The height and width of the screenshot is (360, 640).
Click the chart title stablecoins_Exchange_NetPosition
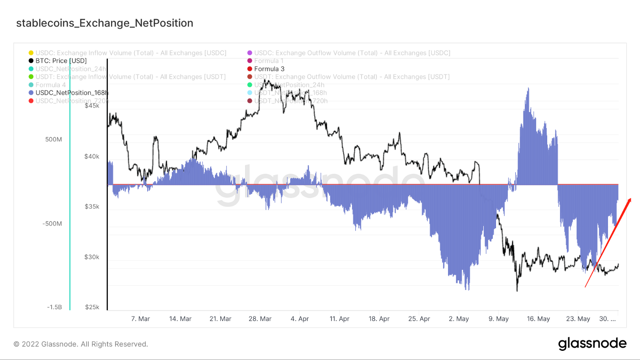pyautogui.click(x=105, y=23)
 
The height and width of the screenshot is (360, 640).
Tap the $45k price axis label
pyautogui.click(x=92, y=106)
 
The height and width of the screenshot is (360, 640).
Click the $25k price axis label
pyautogui.click(x=92, y=307)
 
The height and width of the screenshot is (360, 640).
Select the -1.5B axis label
pyautogui.click(x=54, y=307)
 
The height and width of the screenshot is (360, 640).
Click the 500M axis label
pyautogui.click(x=53, y=139)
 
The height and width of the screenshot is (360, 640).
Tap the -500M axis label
pyautogui.click(x=52, y=224)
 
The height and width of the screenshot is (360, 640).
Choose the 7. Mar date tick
pyautogui.click(x=140, y=319)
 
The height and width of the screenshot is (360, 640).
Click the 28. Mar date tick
pyautogui.click(x=260, y=319)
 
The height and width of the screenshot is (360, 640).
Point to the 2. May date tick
pyautogui.click(x=459, y=319)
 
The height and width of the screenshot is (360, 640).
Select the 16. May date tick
pyautogui.click(x=538, y=319)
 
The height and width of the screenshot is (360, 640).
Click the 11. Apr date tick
pyautogui.click(x=339, y=319)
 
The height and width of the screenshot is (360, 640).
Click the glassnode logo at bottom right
pyautogui.click(x=592, y=344)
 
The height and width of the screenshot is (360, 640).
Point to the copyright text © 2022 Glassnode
pyautogui.click(x=80, y=344)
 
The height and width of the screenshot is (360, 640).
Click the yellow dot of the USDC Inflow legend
pyautogui.click(x=31, y=53)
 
